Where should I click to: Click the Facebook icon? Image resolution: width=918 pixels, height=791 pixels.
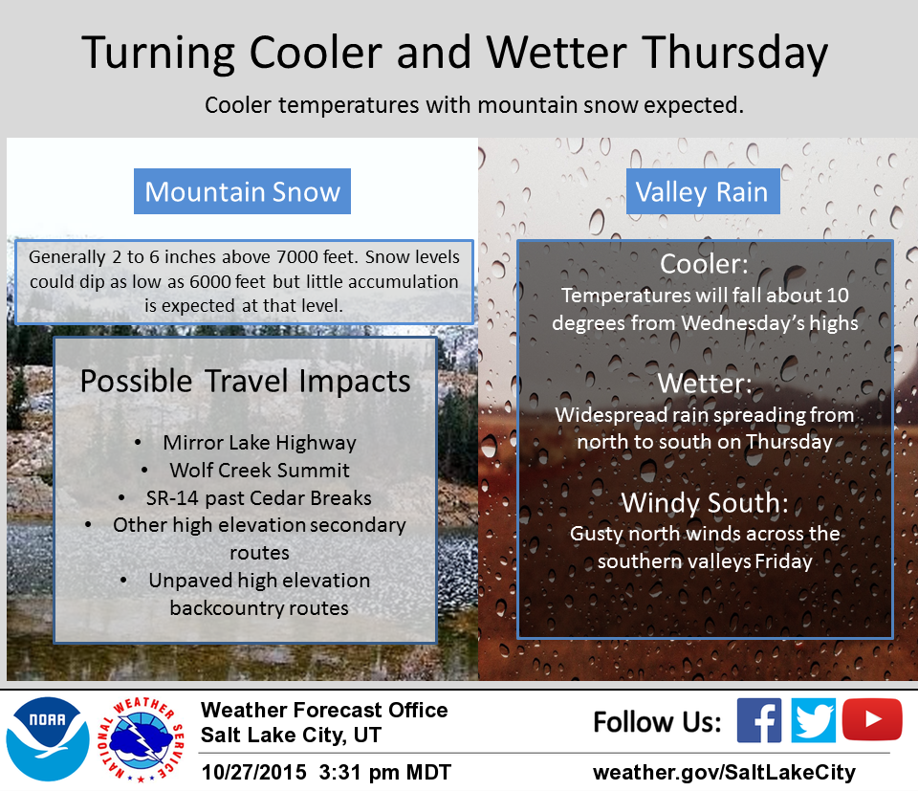coord(758,720)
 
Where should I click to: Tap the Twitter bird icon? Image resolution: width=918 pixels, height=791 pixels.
coord(813,720)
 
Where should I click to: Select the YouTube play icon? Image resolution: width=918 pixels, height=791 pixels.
coord(872,719)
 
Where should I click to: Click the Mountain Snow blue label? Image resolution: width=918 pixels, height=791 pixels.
coord(242,191)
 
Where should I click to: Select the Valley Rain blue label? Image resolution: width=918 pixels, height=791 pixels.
coord(703,191)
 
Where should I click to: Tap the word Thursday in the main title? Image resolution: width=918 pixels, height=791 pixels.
coord(734,54)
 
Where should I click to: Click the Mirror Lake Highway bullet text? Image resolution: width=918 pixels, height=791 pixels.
coord(259,443)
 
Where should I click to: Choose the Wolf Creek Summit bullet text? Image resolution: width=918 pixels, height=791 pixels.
coord(259,471)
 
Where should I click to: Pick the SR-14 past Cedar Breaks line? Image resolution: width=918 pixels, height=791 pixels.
coord(259,497)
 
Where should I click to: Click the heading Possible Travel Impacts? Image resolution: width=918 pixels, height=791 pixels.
coord(246,382)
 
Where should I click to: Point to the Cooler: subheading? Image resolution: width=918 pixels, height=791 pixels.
coord(704,264)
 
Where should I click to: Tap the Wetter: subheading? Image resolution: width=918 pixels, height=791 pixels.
coord(705,384)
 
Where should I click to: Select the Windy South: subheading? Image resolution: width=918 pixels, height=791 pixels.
coord(705,503)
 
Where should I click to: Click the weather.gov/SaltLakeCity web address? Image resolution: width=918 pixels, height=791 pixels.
coord(724,772)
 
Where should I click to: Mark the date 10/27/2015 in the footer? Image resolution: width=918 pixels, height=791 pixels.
coord(253,772)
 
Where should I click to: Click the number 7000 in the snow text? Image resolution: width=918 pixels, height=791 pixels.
coord(298,257)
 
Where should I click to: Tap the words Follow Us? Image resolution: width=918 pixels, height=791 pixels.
coord(657,722)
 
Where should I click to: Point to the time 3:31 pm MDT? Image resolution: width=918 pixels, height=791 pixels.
coord(384,772)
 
